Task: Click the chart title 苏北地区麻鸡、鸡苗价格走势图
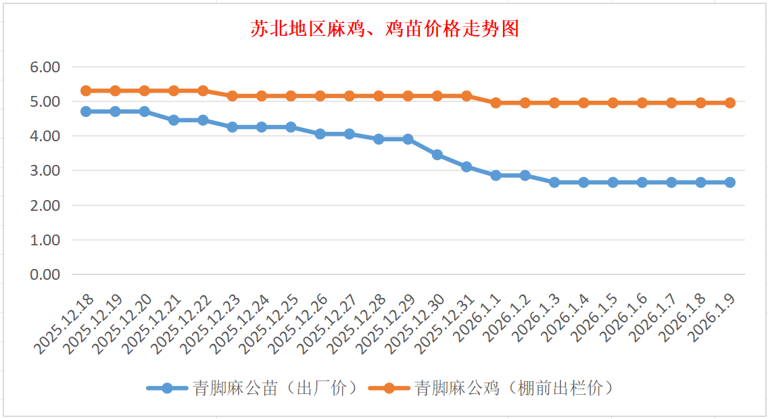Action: [384, 29]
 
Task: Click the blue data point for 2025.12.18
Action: [86, 112]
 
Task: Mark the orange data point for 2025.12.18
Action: [86, 91]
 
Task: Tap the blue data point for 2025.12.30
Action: [437, 155]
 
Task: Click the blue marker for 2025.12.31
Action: [466, 167]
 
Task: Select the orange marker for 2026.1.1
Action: [496, 103]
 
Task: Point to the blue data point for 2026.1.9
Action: [730, 182]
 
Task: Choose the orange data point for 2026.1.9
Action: [730, 103]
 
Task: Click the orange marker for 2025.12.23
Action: [233, 96]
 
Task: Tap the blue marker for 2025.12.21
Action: [174, 120]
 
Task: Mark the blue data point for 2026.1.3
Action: [554, 182]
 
